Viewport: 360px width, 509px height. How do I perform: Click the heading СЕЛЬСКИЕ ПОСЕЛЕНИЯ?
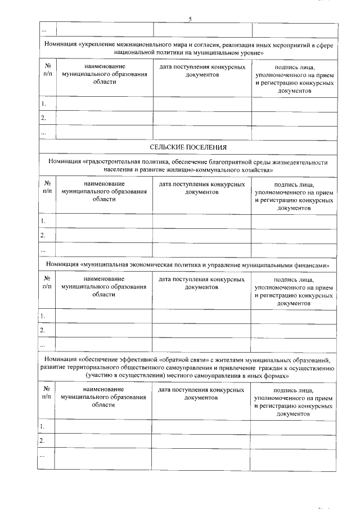coord(188,147)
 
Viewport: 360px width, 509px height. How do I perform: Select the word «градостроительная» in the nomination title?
coord(118,162)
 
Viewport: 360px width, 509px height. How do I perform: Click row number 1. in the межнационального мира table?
coord(43,104)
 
